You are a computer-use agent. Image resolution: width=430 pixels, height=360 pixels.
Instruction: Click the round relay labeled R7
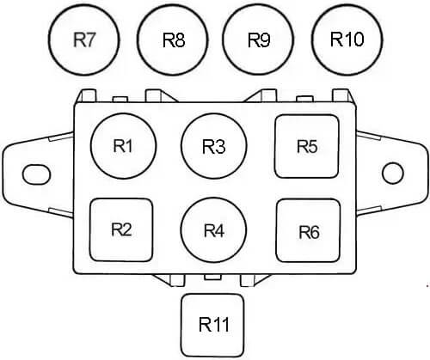pos(83,40)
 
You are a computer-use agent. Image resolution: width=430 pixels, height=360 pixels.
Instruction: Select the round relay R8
pos(173,40)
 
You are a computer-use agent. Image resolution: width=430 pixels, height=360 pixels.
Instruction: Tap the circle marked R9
pos(259,40)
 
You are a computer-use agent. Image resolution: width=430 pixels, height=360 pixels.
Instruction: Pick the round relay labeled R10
pos(347,40)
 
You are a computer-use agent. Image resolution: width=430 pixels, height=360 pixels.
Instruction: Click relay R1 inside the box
pos(123,146)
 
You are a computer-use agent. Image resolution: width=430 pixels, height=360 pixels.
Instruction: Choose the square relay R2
pos(121,230)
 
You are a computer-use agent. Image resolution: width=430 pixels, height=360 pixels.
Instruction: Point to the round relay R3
pos(214,146)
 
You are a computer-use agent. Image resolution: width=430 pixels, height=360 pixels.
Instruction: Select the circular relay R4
pos(214,230)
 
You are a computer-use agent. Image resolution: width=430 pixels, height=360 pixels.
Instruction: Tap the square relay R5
pos(307,146)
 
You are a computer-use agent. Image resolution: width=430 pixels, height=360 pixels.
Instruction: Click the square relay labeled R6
pos(309,230)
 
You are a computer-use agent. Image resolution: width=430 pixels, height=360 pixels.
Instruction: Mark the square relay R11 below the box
pos(212,325)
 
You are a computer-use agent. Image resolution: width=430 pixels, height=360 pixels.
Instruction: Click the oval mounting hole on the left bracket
pos(36,174)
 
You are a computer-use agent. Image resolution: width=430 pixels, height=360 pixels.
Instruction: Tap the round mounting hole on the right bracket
pos(393,174)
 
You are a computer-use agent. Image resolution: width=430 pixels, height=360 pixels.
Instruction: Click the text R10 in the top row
pos(347,39)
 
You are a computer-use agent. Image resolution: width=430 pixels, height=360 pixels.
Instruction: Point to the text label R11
pos(214,325)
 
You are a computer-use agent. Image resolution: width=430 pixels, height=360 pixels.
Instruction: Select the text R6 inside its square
pos(309,232)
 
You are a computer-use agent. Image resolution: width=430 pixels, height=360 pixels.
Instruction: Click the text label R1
pos(123,146)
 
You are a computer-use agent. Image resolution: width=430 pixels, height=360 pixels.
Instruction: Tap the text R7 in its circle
pos(84,40)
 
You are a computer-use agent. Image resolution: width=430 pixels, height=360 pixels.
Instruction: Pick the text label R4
pos(214,230)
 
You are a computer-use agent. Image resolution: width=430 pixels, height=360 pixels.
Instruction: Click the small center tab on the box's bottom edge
pos(212,277)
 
